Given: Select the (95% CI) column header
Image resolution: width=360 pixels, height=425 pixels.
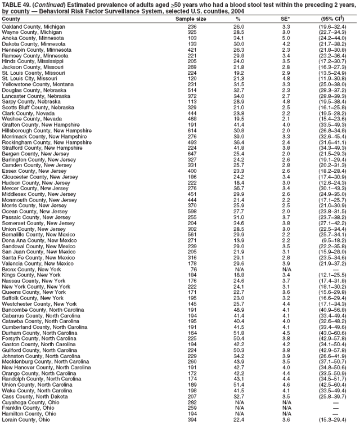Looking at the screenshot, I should coord(336,19).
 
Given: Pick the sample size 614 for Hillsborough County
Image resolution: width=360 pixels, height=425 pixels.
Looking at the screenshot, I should coord(192,131).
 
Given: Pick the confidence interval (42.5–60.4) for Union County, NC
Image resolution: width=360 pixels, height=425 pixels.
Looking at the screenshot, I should coord(336,383).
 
